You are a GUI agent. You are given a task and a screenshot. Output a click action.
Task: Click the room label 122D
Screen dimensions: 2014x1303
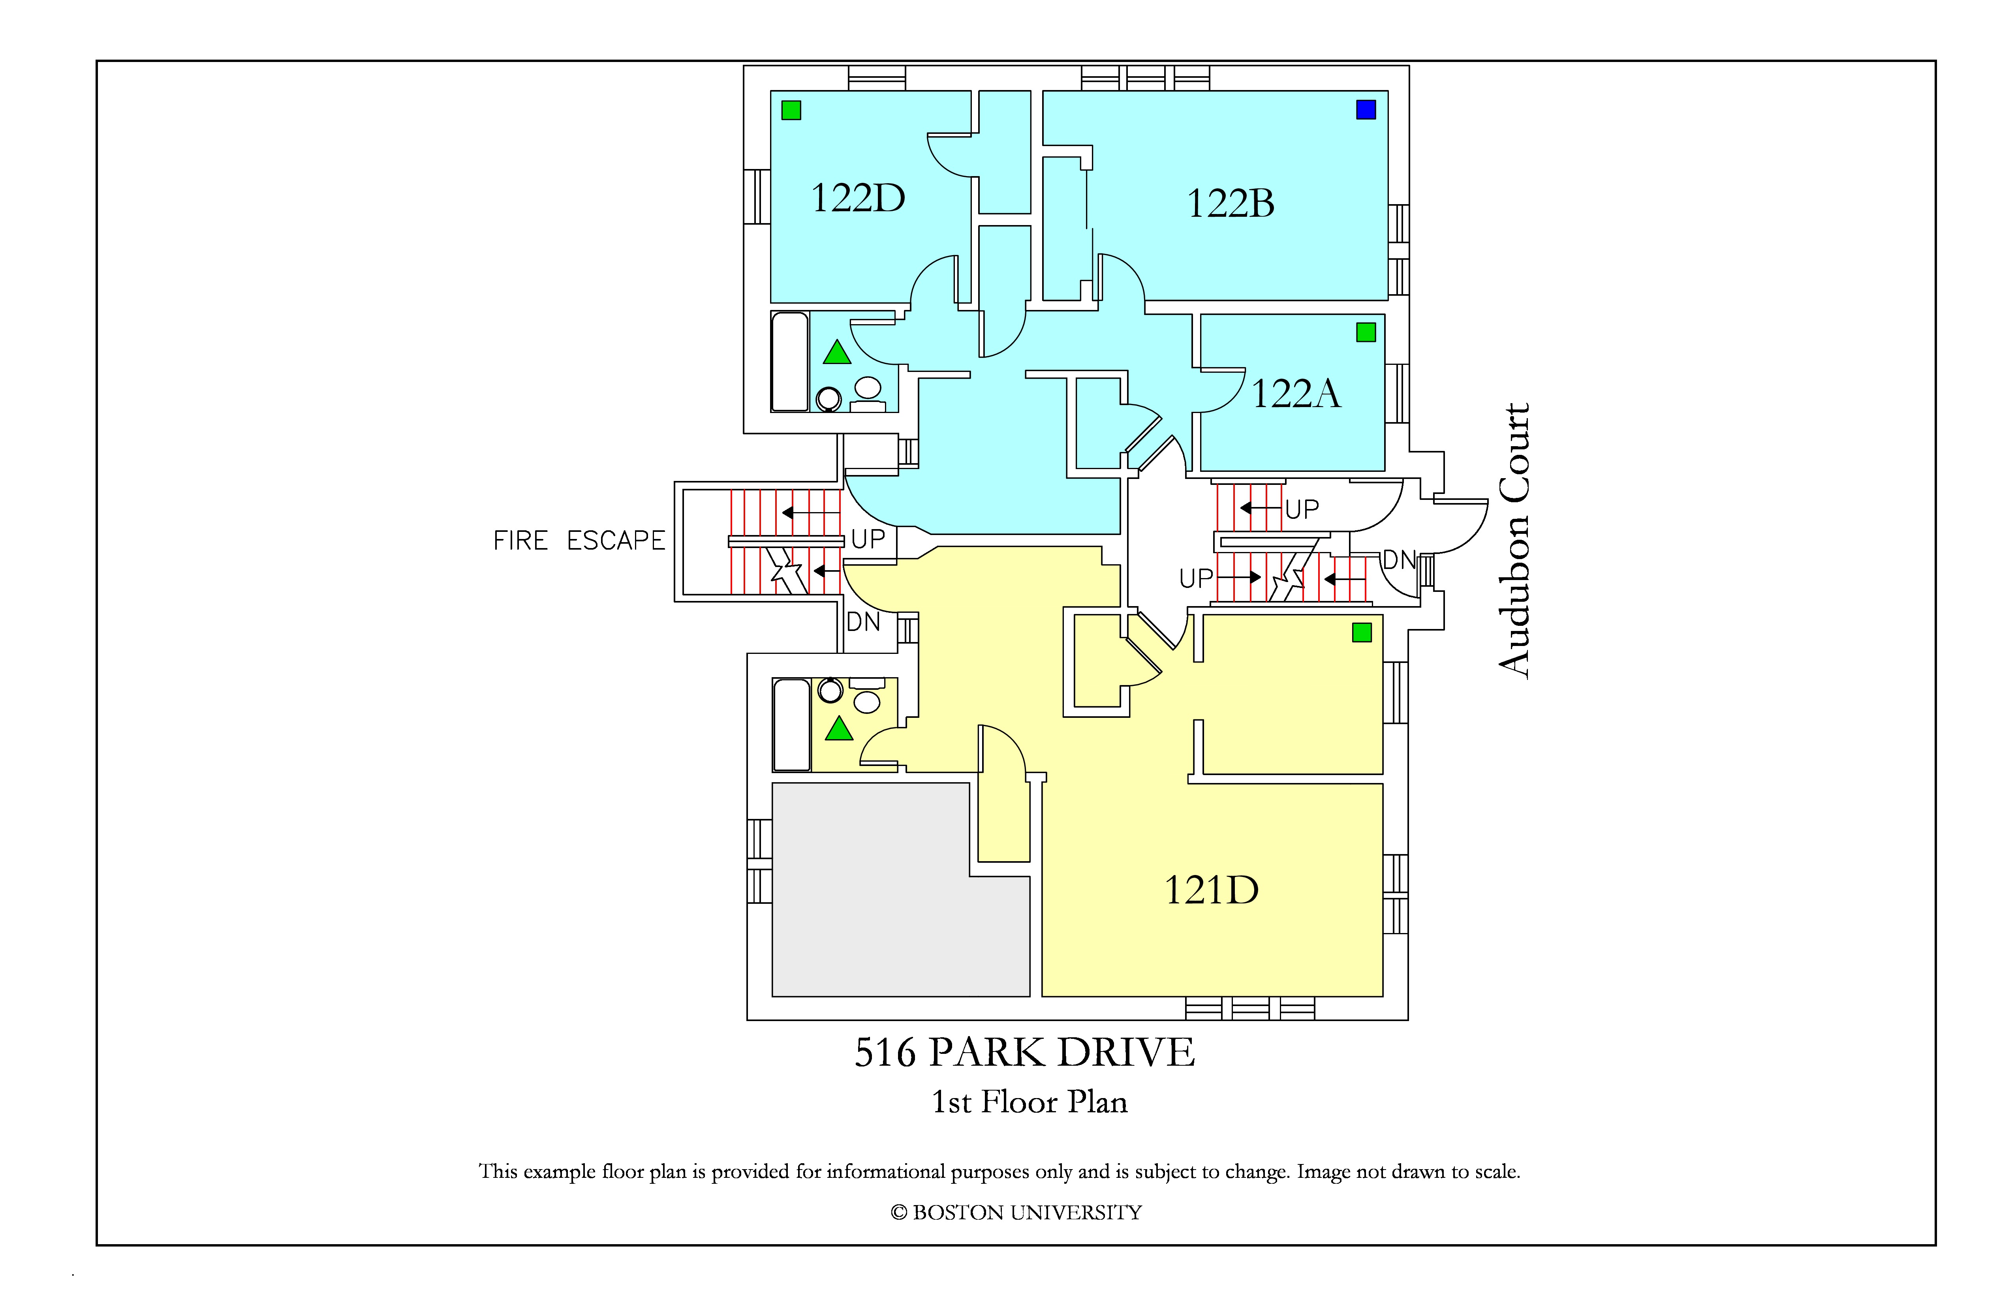[858, 198]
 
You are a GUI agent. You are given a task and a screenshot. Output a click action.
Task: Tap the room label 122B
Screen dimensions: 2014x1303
[1231, 203]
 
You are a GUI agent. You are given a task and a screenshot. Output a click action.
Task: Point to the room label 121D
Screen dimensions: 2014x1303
[1212, 890]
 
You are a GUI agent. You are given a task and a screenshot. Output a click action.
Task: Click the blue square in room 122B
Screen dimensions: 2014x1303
[1366, 109]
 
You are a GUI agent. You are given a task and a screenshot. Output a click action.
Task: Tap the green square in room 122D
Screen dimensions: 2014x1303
[791, 110]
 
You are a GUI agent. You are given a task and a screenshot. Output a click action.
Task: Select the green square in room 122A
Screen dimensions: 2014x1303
[1366, 332]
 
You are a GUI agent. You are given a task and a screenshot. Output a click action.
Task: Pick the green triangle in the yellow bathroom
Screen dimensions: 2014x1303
[839, 728]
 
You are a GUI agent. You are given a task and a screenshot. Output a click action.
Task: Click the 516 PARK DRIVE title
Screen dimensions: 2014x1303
[1025, 1053]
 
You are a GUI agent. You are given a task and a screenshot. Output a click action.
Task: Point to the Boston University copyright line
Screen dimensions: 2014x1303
[1016, 1213]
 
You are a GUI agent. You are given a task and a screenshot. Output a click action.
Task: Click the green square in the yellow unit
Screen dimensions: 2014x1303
[1362, 632]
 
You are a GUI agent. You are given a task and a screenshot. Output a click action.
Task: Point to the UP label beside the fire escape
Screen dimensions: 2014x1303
[868, 539]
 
